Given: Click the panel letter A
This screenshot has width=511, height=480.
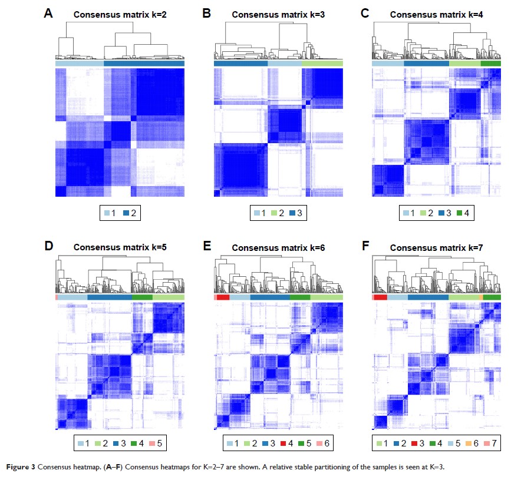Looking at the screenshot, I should [49, 13].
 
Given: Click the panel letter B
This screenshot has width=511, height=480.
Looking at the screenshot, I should [207, 13].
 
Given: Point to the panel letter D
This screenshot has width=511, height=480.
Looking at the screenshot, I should [49, 246].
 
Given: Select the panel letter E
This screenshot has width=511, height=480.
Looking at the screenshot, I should [207, 246].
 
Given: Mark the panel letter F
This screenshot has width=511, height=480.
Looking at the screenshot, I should [366, 246].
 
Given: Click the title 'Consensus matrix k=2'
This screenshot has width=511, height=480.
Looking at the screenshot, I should [120, 14].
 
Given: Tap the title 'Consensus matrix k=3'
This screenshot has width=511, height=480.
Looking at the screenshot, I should [278, 14].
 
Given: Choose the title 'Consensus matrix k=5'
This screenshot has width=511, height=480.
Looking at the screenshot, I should [120, 247].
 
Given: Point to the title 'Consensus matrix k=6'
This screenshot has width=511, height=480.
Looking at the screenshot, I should [278, 247].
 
